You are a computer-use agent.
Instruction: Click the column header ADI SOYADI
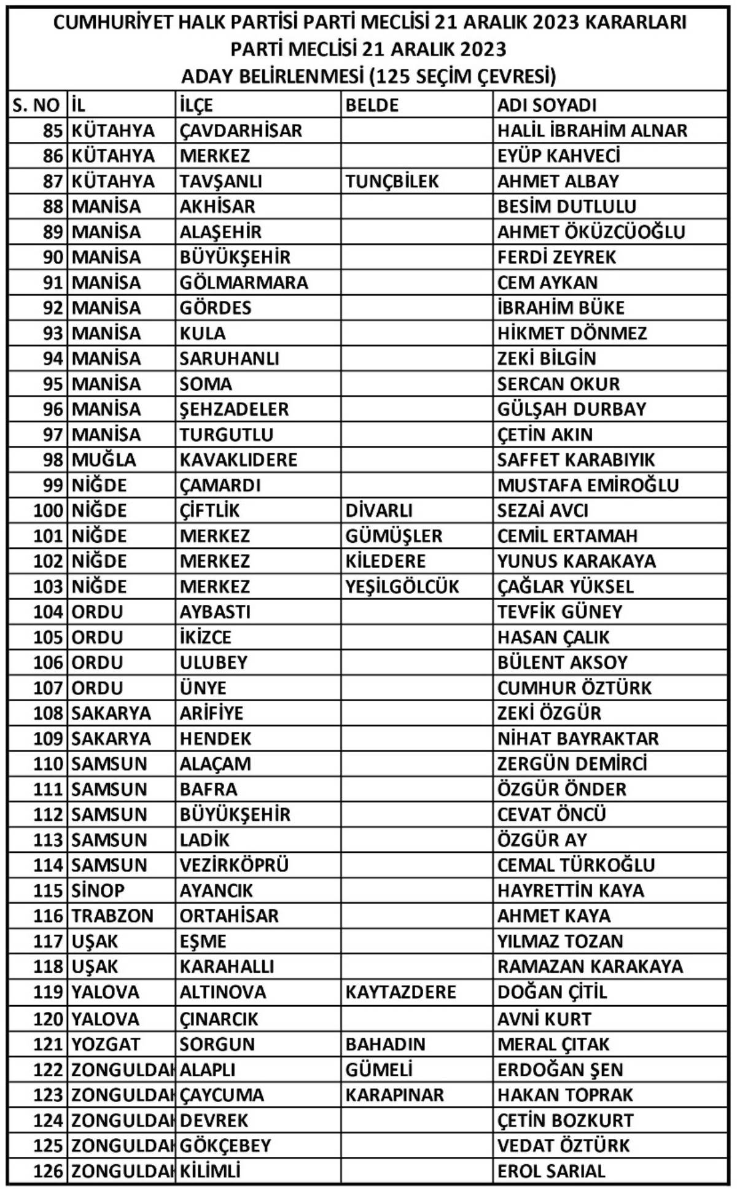click(x=547, y=105)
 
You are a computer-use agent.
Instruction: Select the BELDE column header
click(x=372, y=105)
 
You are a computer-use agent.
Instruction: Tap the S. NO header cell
click(x=37, y=105)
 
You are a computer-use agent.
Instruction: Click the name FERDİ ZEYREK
click(x=556, y=257)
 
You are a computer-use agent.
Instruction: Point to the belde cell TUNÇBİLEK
click(x=392, y=181)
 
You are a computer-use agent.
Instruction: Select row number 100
click(x=48, y=510)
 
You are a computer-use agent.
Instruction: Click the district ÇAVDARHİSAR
click(x=241, y=131)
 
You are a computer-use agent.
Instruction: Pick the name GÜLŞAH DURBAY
click(x=571, y=409)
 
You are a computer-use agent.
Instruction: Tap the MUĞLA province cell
click(x=104, y=460)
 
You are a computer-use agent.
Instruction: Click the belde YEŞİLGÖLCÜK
click(x=402, y=586)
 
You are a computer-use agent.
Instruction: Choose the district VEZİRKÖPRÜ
click(x=234, y=865)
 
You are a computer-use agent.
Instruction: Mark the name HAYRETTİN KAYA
click(x=571, y=890)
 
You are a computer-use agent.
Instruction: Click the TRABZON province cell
click(x=112, y=916)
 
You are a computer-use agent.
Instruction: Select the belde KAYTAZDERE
click(x=400, y=992)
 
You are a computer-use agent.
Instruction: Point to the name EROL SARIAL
click(x=551, y=1171)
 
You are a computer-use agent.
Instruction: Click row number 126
click(x=48, y=1171)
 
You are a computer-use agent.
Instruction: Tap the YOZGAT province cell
click(x=106, y=1044)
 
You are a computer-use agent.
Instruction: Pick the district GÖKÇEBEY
click(x=225, y=1146)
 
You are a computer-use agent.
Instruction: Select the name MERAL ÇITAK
click(x=553, y=1044)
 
